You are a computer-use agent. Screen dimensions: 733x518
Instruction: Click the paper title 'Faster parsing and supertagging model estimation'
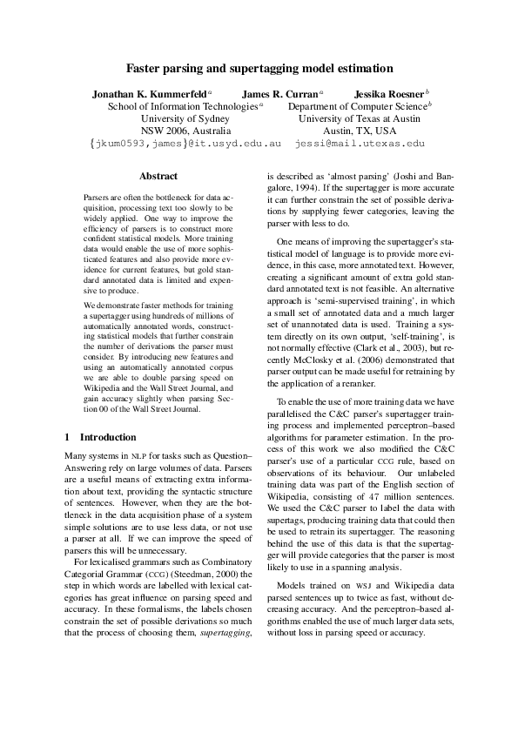[259, 67]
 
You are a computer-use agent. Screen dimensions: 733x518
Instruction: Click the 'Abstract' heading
[158, 176]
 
